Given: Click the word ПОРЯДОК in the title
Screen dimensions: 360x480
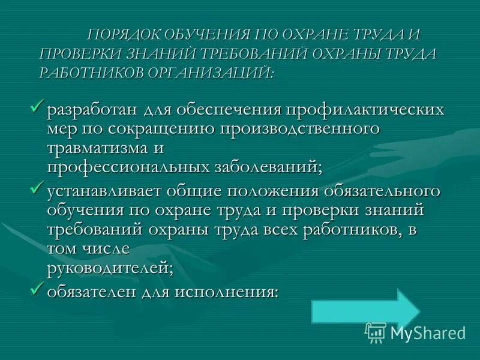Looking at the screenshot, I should tap(122, 34).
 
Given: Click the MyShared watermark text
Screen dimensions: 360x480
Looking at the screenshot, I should tap(428, 332).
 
